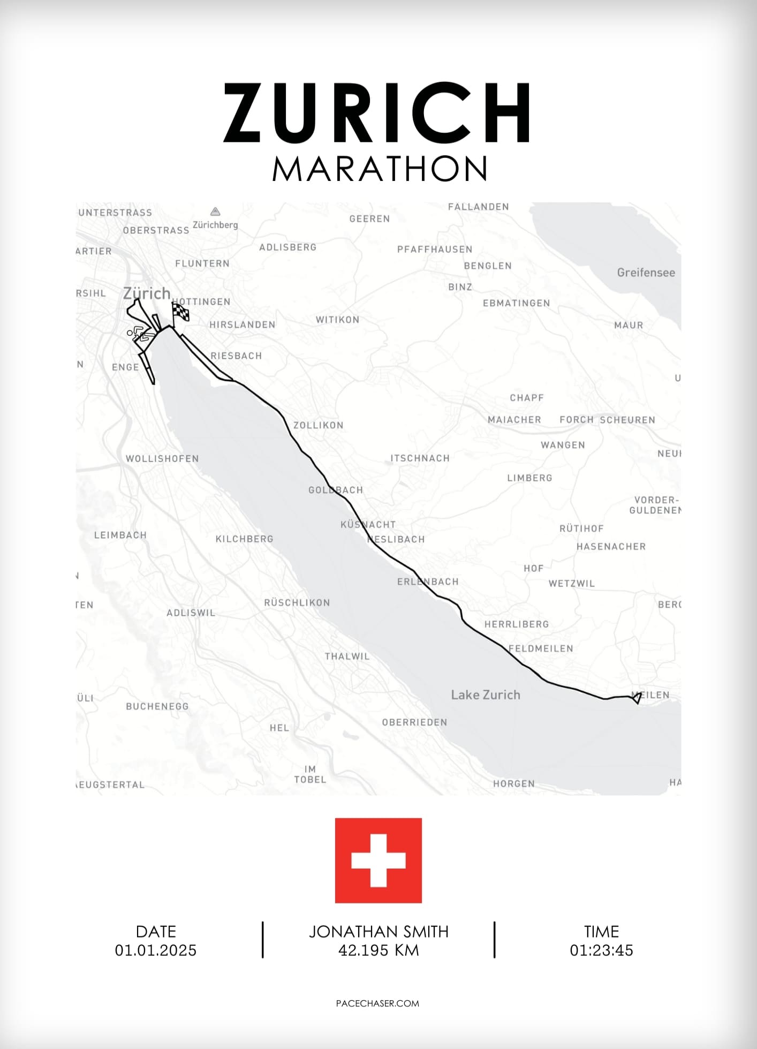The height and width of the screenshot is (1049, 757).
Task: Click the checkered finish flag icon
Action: tap(180, 312)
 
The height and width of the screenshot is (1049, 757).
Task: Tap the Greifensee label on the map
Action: tap(646, 273)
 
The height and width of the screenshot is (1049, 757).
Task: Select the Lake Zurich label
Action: tap(485, 695)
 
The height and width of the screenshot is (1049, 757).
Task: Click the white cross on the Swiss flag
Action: tap(378, 860)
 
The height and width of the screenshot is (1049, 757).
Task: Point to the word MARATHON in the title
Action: tap(380, 169)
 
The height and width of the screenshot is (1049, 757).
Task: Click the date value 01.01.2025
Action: tap(156, 950)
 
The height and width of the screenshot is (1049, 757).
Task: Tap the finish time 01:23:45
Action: tap(601, 950)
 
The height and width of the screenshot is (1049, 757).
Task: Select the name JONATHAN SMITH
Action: tap(378, 932)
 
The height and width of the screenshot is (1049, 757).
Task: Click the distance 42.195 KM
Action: tap(378, 950)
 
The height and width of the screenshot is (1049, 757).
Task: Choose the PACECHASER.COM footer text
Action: tap(377, 1003)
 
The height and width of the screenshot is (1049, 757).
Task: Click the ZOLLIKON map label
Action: tap(319, 425)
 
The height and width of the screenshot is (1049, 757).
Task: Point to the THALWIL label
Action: tap(347, 656)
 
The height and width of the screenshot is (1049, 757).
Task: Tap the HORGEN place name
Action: tap(514, 784)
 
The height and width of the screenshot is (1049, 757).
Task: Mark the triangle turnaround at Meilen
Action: tap(637, 698)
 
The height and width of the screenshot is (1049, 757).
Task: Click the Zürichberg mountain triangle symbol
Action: tap(215, 212)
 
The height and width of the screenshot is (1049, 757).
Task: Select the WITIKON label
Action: tap(337, 320)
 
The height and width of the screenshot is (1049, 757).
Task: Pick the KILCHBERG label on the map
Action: tap(244, 539)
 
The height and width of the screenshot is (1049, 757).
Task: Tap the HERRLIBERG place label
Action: tap(517, 624)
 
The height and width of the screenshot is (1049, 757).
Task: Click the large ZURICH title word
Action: tap(376, 113)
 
